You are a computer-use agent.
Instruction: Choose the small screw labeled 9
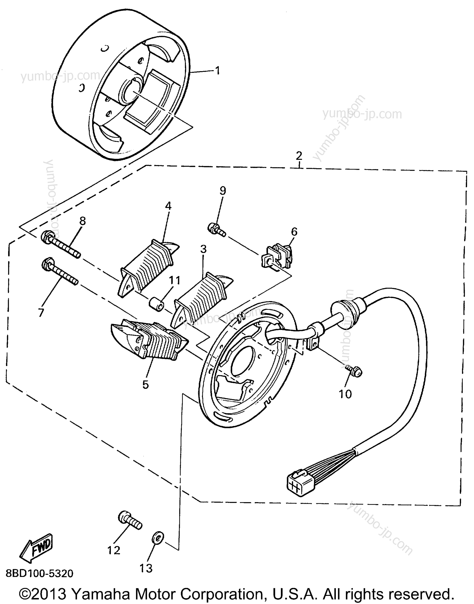(x=217, y=230)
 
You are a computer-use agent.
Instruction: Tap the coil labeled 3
(x=202, y=299)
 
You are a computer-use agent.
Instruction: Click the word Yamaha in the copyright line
(x=100, y=594)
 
